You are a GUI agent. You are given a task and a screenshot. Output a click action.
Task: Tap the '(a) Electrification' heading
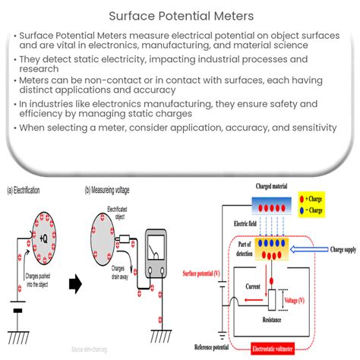point(24,190)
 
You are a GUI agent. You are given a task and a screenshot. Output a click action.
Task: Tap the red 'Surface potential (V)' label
point(202,273)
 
